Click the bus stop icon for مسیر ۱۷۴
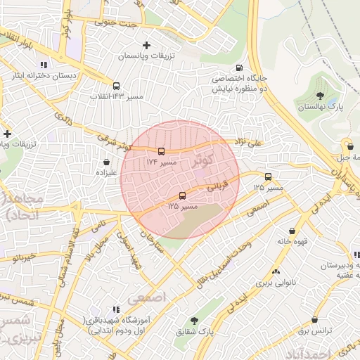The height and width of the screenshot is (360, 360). click(x=162, y=151)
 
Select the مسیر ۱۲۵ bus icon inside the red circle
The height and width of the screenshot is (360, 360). click(x=184, y=195)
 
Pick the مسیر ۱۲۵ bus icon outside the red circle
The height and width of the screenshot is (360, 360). click(x=268, y=177)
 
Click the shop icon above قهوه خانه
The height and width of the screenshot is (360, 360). click(x=292, y=230)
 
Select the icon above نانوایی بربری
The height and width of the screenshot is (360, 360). click(x=275, y=271)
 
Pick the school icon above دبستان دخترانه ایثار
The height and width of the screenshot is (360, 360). click(x=43, y=65)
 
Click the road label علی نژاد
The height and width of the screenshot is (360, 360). click(x=248, y=143)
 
